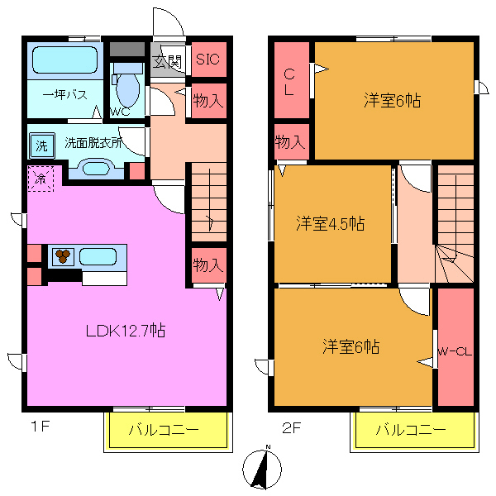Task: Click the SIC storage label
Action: [207, 59]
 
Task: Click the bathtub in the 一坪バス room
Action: [64, 60]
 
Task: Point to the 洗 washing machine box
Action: [41, 146]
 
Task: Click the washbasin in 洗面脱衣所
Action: [96, 168]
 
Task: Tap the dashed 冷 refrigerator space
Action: [40, 178]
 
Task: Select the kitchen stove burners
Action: [63, 256]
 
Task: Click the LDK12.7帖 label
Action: [126, 331]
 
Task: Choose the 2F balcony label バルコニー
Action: [411, 431]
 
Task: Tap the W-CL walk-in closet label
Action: [455, 351]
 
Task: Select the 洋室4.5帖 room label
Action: [331, 223]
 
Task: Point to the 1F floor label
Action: [41, 428]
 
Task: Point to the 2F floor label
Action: [290, 428]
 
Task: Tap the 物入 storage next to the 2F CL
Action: [289, 141]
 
